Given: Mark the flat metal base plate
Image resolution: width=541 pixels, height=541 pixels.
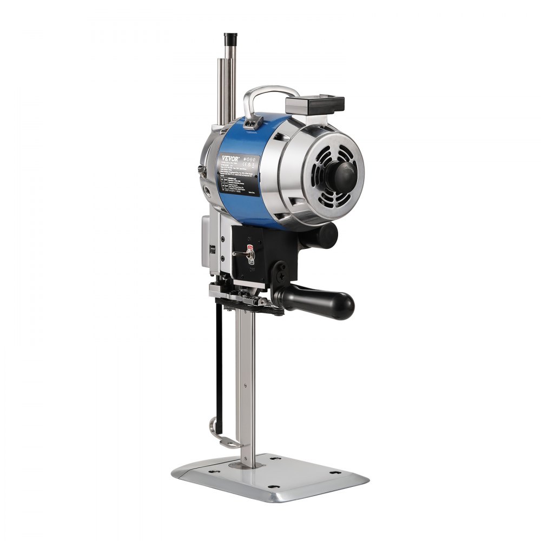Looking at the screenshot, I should click(x=270, y=479).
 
